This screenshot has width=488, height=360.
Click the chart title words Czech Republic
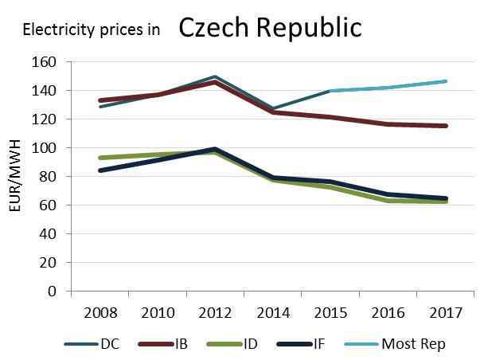270,28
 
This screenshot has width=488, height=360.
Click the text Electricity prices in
92,31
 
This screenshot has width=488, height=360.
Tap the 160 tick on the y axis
45,62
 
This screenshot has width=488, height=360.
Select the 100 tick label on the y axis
45,148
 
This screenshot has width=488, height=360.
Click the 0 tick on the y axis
52,292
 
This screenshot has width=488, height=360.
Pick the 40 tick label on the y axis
48,234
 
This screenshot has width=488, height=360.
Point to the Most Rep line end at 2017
445,81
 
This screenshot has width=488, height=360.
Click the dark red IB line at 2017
445,126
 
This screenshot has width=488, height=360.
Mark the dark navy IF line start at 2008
100,170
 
